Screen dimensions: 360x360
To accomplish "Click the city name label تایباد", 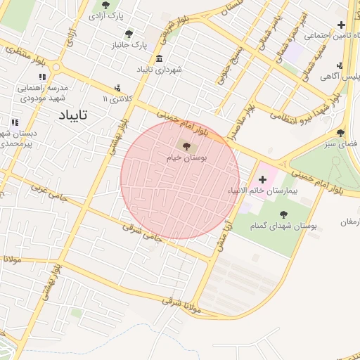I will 73,115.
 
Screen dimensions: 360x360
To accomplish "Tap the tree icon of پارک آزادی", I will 106,5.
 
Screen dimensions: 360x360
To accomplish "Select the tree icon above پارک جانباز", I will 128,34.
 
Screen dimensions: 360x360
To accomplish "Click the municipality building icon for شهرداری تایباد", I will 160,58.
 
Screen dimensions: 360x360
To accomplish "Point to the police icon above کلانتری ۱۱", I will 117,89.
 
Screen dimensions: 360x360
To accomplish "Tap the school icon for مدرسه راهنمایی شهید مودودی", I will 43,77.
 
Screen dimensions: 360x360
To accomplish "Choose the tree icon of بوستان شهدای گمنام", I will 283,214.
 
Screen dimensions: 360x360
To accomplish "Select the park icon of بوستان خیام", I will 186,147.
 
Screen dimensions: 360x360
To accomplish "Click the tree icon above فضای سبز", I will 340,132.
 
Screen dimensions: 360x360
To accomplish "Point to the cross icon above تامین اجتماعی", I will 341,25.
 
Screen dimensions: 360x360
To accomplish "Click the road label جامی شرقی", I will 143,233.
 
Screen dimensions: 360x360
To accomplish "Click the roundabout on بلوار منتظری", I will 56,68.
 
